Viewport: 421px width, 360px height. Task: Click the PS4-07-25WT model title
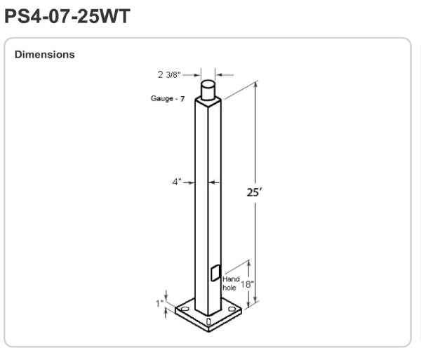pyautogui.click(x=67, y=16)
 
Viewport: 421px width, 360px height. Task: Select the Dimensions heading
pyautogui.click(x=45, y=55)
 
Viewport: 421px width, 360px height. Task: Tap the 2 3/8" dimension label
pyautogui.click(x=169, y=74)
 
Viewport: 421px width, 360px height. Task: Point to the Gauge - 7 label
pyautogui.click(x=168, y=98)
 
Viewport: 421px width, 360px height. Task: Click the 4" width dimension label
pyautogui.click(x=177, y=182)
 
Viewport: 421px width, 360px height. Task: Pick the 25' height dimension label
pyautogui.click(x=254, y=192)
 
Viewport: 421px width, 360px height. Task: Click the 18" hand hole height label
pyautogui.click(x=247, y=284)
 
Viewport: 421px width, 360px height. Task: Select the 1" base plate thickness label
pyautogui.click(x=160, y=304)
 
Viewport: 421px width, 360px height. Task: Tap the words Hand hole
pyautogui.click(x=231, y=284)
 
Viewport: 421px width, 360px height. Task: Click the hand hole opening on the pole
pyautogui.click(x=215, y=273)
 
